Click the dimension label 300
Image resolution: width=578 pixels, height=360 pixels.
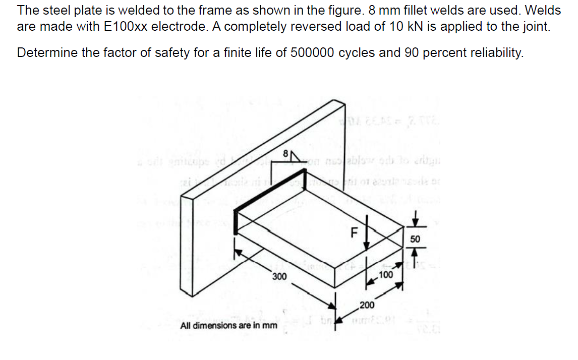(x=279, y=276)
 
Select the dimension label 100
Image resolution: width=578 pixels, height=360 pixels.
(x=385, y=275)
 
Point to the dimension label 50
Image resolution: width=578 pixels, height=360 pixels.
(x=415, y=238)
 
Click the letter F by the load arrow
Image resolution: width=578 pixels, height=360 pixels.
(x=354, y=233)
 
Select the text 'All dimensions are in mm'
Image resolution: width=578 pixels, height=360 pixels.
(x=229, y=325)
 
